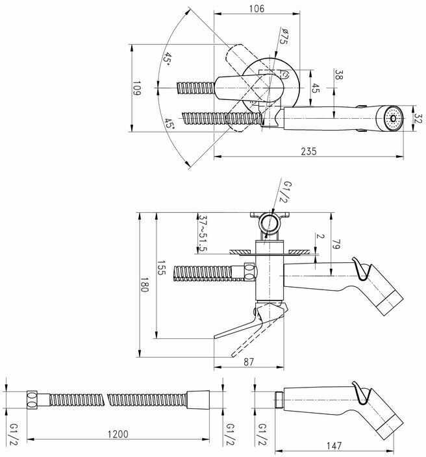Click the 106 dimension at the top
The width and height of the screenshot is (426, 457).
257,8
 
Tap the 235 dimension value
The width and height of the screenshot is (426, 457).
308,151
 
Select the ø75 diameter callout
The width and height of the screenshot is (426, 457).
284,36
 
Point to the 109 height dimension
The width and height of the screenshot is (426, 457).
136,88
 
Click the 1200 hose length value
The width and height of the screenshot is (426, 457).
118,434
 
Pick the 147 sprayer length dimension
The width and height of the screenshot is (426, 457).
334,445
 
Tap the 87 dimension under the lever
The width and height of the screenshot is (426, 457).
249,362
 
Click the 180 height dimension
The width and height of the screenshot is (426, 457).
145,284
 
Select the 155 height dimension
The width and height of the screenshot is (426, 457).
161,267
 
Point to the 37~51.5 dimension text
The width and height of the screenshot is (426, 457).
203,234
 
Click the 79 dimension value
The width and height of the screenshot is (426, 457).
336,244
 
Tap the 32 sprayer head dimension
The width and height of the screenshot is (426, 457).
418,119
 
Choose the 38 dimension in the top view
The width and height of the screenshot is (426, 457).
338,75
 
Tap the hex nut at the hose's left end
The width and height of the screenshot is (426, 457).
32,400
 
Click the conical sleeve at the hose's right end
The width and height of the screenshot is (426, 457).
198,400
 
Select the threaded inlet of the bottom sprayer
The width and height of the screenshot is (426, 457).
279,400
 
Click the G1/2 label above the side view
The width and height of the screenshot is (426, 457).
286,191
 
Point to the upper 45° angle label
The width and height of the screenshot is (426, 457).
167,59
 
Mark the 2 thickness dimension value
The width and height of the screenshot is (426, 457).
320,236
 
